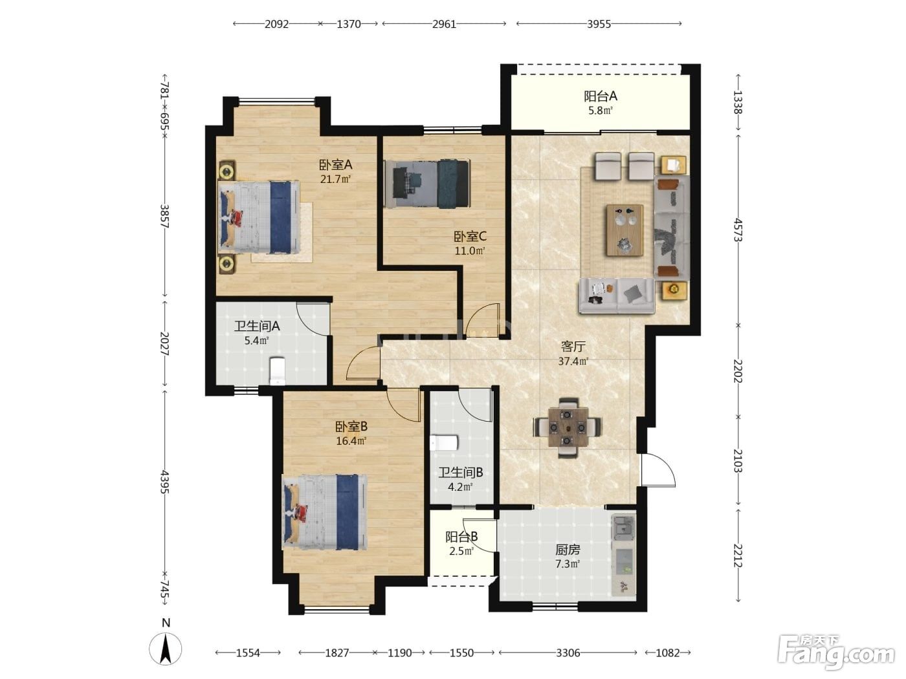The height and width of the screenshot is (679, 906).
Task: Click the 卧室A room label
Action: pyautogui.click(x=335, y=165)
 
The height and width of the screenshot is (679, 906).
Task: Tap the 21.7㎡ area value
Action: pyautogui.click(x=335, y=179)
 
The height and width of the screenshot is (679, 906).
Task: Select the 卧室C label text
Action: pyautogui.click(x=470, y=237)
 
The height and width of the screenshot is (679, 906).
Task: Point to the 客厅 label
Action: pyautogui.click(x=573, y=347)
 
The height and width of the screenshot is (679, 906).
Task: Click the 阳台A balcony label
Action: pyautogui.click(x=600, y=96)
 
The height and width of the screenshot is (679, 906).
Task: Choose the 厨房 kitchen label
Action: pyautogui.click(x=568, y=550)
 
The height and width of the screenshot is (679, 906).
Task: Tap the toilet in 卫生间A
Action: pyautogui.click(x=277, y=371)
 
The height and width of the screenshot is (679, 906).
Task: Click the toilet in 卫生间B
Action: pyautogui.click(x=444, y=443)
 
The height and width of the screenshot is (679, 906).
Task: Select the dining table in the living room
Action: pyautogui.click(x=568, y=427)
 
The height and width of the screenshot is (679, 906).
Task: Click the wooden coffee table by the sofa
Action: pyautogui.click(x=625, y=230)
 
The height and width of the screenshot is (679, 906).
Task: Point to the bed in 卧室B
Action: pyautogui.click(x=324, y=512)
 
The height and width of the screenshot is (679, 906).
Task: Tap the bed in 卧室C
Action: pyautogui.click(x=426, y=184)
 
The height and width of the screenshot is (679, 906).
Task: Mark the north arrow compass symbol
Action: pyautogui.click(x=166, y=649)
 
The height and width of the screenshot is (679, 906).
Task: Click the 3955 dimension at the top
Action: pyautogui.click(x=599, y=24)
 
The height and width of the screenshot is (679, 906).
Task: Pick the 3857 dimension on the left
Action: pyautogui.click(x=164, y=216)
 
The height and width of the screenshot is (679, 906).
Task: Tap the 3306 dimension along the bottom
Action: pyautogui.click(x=568, y=652)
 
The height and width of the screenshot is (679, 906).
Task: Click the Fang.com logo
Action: pyautogui.click(x=836, y=652)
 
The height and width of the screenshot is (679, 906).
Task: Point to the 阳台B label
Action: pyautogui.click(x=461, y=537)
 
